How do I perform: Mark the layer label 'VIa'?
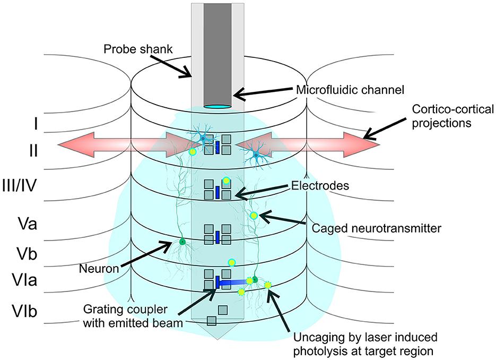click(x=25, y=280)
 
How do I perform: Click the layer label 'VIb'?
click(x=25, y=310)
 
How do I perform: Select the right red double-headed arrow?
click(x=308, y=145)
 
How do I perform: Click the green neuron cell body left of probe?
click(x=182, y=242)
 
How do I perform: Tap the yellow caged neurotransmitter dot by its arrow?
click(x=254, y=215)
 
